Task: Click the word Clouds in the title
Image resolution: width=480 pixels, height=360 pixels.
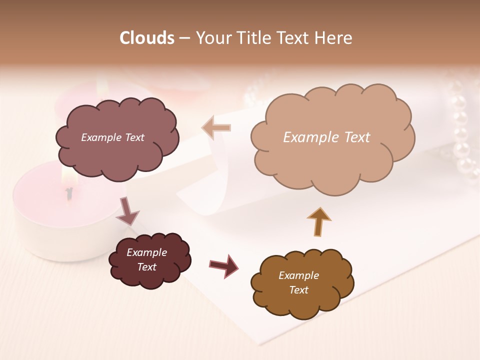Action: pyautogui.click(x=146, y=38)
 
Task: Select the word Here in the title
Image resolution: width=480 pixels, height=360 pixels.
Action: pyautogui.click(x=335, y=38)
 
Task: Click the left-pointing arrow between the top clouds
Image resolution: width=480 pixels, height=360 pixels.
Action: pyautogui.click(x=216, y=127)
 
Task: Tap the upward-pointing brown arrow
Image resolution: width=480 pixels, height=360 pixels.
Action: pyautogui.click(x=318, y=221)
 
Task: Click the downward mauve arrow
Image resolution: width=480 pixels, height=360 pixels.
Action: pyautogui.click(x=127, y=211)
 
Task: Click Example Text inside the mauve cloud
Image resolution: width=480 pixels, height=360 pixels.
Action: pyautogui.click(x=112, y=137)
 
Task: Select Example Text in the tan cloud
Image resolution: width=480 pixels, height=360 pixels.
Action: pyautogui.click(x=326, y=137)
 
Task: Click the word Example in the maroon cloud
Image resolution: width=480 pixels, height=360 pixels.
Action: pyautogui.click(x=146, y=252)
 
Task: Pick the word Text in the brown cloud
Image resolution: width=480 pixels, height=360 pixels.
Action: pyautogui.click(x=298, y=290)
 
